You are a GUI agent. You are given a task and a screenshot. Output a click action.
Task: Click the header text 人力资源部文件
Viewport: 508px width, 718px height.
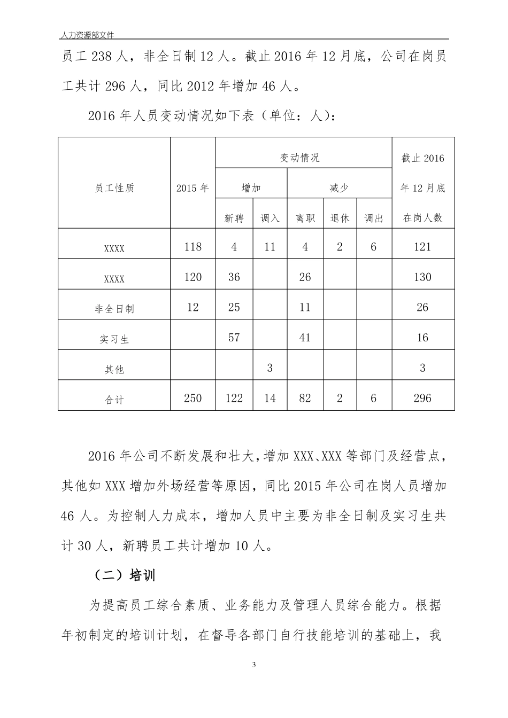[x=88, y=35]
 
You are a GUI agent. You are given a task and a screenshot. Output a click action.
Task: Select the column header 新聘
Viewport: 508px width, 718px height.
[x=234, y=218]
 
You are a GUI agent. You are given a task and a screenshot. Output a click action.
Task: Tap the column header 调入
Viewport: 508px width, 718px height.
[x=270, y=218]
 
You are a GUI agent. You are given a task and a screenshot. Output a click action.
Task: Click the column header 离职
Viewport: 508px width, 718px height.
[x=305, y=218]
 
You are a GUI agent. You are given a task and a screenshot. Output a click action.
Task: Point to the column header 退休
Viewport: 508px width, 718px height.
[x=340, y=218]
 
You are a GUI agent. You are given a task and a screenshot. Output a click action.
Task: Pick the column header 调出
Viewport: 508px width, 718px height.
[x=373, y=218]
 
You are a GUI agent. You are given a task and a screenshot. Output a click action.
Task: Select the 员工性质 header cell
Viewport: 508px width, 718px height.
[x=114, y=188]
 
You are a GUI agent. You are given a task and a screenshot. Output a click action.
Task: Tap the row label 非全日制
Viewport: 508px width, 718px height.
[x=114, y=309]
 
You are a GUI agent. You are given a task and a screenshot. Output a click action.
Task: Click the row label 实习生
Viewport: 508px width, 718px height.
[x=114, y=339]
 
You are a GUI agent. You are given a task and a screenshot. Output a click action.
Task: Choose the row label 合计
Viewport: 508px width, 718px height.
[x=114, y=400]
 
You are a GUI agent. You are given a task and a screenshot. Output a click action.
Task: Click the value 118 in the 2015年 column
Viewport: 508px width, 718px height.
[x=193, y=247]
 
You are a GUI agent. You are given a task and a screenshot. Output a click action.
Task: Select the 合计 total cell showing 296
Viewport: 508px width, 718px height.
[x=422, y=398]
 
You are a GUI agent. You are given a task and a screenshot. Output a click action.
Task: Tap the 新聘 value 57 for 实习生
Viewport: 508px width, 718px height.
[x=234, y=338]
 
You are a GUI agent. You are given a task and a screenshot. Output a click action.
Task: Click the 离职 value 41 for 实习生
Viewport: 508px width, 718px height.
[x=305, y=338]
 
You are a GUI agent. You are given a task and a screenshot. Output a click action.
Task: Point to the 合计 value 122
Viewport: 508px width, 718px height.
[x=234, y=398]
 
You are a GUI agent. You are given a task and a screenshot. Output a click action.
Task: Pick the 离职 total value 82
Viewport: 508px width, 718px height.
[x=305, y=398]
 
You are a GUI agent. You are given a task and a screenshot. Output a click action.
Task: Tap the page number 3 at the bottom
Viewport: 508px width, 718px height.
[x=254, y=665]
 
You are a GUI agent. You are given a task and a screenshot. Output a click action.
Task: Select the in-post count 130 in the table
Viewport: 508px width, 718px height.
[x=422, y=277]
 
